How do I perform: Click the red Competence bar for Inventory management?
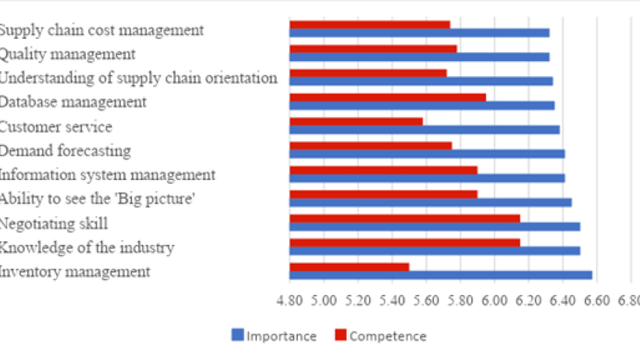(349, 267)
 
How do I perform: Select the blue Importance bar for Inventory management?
(441, 275)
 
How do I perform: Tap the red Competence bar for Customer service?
(355, 122)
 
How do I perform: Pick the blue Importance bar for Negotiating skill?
(435, 226)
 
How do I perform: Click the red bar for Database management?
(388, 97)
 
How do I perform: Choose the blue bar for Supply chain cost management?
(419, 33)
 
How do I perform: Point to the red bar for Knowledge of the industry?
(404, 242)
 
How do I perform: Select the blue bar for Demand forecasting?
(426, 154)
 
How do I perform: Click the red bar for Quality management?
(373, 49)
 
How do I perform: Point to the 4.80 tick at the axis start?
(289, 300)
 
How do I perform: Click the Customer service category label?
(56, 127)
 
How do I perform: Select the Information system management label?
(108, 175)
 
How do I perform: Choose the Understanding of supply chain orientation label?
(138, 78)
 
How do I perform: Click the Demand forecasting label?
(65, 151)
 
